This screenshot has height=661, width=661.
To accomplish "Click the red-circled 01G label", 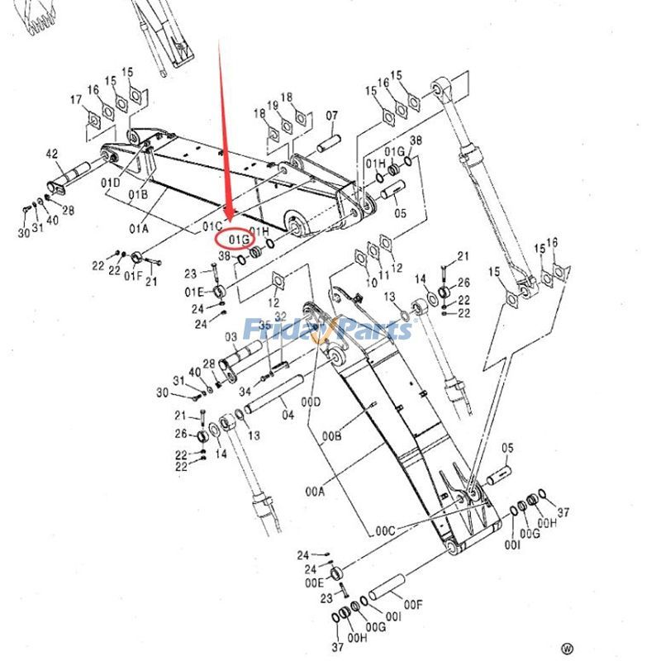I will (x=239, y=239).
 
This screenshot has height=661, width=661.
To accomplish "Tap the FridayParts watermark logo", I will (x=327, y=330).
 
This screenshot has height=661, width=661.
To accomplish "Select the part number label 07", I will (x=332, y=115).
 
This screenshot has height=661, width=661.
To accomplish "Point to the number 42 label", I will (x=51, y=154).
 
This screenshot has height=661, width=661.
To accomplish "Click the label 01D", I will (x=111, y=182).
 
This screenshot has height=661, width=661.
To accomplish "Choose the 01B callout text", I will (x=137, y=194).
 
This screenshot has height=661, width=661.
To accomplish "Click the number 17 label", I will (x=76, y=101).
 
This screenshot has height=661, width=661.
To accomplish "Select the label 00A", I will (x=315, y=491).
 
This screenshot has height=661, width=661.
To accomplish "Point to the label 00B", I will (x=332, y=435).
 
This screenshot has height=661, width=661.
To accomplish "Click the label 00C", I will (x=386, y=530).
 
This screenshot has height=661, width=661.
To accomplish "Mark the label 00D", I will (x=310, y=402).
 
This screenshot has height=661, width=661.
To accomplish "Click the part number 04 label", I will (x=288, y=415).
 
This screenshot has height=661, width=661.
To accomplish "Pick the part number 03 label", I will (x=230, y=337).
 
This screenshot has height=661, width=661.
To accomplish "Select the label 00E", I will (x=315, y=582).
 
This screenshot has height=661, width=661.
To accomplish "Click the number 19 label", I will (x=273, y=105).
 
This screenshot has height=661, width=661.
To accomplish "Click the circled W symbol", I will (x=567, y=649).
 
